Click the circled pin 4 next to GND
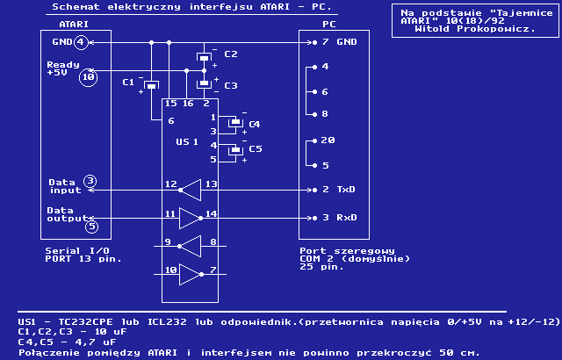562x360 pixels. (81, 42)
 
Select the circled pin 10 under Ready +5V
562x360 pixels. (88, 77)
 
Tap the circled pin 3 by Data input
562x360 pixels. (90, 182)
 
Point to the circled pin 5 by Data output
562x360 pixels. (91, 226)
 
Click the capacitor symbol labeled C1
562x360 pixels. (151, 84)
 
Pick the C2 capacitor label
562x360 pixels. (231, 54)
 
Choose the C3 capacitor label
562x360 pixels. (231, 85)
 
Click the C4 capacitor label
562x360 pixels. (255, 125)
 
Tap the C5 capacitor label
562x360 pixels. (255, 149)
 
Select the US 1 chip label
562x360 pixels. (187, 141)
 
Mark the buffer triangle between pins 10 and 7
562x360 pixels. (191, 275)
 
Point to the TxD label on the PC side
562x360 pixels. (346, 189)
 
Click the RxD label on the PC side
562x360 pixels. (346, 217)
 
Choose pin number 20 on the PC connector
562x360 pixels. (328, 140)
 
